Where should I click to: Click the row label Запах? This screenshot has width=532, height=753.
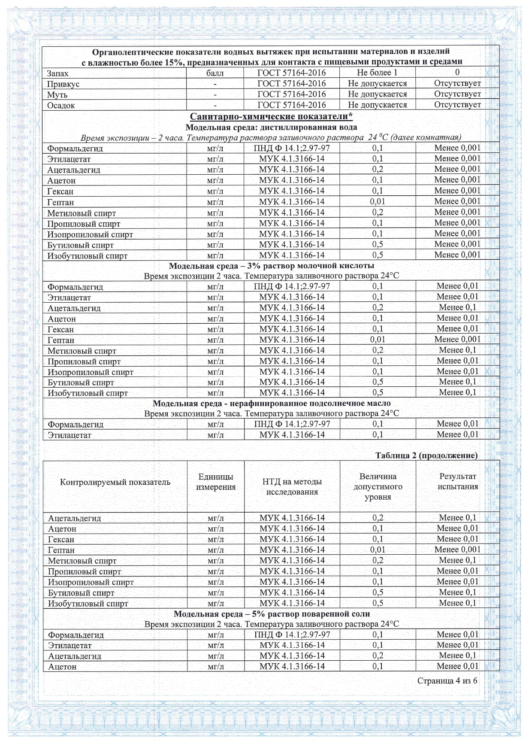click(x=57, y=73)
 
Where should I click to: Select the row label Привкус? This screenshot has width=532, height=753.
click(x=63, y=84)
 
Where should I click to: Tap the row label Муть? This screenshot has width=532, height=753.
click(x=57, y=95)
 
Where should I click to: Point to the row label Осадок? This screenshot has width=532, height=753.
click(x=61, y=106)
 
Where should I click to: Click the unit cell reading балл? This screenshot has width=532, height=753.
click(x=215, y=73)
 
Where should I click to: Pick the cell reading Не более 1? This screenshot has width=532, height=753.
click(x=377, y=73)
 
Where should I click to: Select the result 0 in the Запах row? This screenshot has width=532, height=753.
click(x=457, y=72)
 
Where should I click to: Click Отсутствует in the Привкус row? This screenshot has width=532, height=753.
click(x=457, y=83)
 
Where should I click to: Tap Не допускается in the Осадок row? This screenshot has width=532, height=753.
click(x=377, y=105)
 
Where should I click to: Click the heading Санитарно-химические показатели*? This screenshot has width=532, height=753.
click(x=271, y=117)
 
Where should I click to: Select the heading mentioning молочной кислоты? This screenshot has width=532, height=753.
click(x=271, y=266)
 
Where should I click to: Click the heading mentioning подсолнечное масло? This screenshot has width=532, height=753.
click(x=271, y=404)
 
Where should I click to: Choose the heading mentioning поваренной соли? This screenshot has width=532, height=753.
click(x=271, y=614)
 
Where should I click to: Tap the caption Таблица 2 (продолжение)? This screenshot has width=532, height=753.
click(x=426, y=455)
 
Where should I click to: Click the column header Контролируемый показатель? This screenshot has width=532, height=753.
click(x=115, y=482)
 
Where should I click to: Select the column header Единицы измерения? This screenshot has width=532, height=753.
click(x=216, y=482)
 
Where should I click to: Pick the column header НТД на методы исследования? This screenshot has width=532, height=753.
click(x=292, y=487)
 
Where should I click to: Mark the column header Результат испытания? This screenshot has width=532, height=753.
click(x=457, y=481)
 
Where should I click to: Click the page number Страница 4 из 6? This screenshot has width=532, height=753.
click(x=447, y=681)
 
